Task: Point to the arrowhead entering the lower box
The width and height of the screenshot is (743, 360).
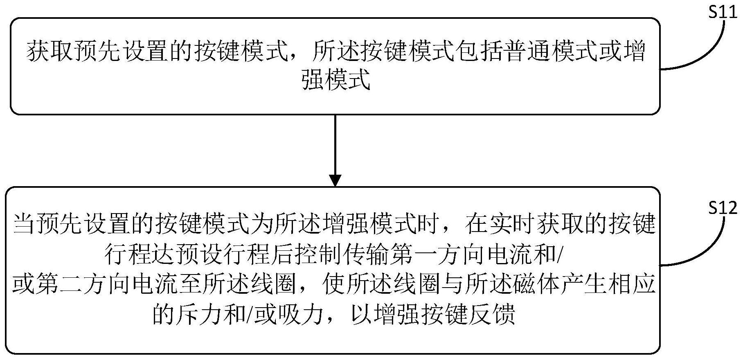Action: [335, 180]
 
